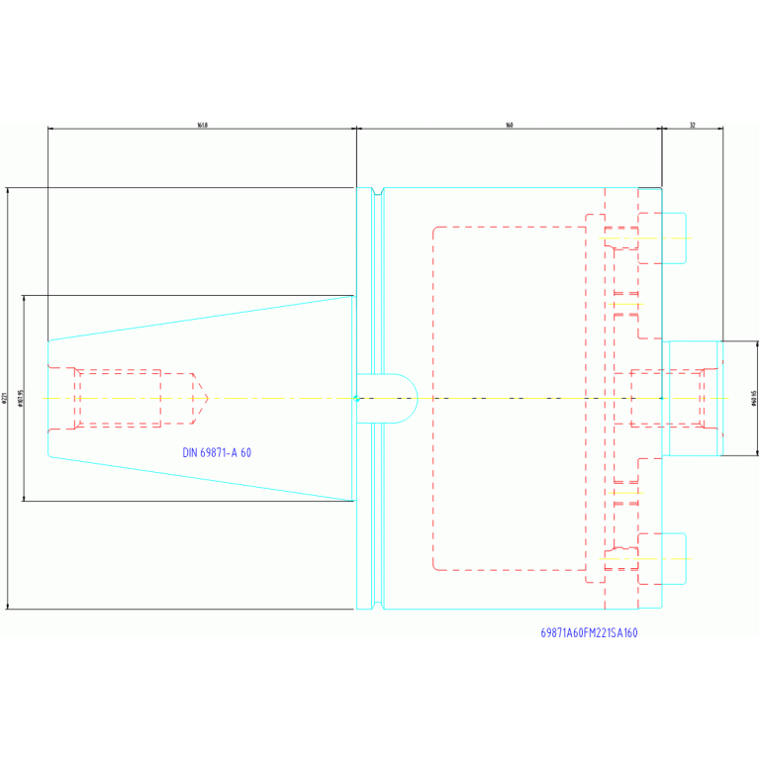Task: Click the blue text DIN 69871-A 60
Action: [217, 452]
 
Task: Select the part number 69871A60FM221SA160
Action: [589, 632]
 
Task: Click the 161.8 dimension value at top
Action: [202, 125]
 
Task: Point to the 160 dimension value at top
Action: [509, 125]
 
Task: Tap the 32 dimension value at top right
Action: [693, 125]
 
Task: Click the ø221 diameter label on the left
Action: [5, 399]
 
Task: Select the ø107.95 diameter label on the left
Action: [20, 399]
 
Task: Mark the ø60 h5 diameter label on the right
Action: [754, 399]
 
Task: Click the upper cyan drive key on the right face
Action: [673, 237]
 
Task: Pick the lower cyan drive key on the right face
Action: [673, 558]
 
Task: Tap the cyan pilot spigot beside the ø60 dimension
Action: [693, 398]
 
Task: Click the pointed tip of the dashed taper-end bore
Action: [207, 398]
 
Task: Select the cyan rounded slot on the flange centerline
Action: [388, 398]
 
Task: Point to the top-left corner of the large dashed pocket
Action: [434, 229]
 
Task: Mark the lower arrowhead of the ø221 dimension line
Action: [8, 606]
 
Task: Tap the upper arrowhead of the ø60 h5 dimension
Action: [757, 343]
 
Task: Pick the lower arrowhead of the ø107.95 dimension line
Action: [23, 499]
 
